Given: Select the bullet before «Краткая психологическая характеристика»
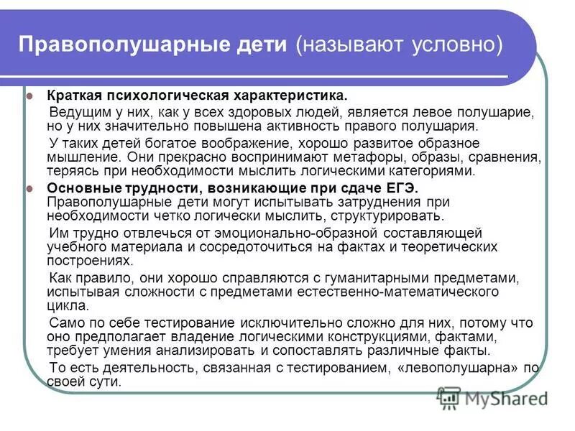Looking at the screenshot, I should coord(29,96).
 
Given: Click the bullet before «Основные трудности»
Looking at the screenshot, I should coord(29,187).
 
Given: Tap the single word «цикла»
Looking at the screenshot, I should coord(65,305).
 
